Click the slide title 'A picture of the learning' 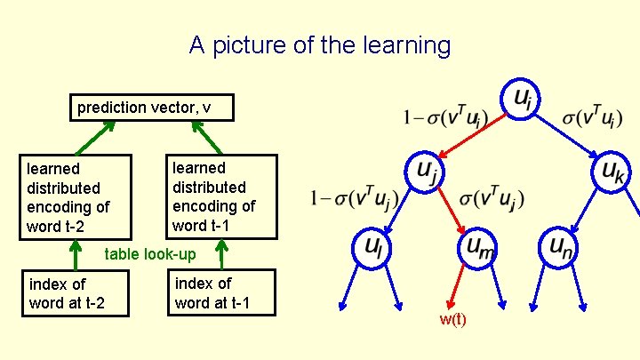coord(320,45)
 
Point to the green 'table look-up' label coord(150,254)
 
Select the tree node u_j coord(424,172)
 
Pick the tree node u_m coord(478,249)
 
